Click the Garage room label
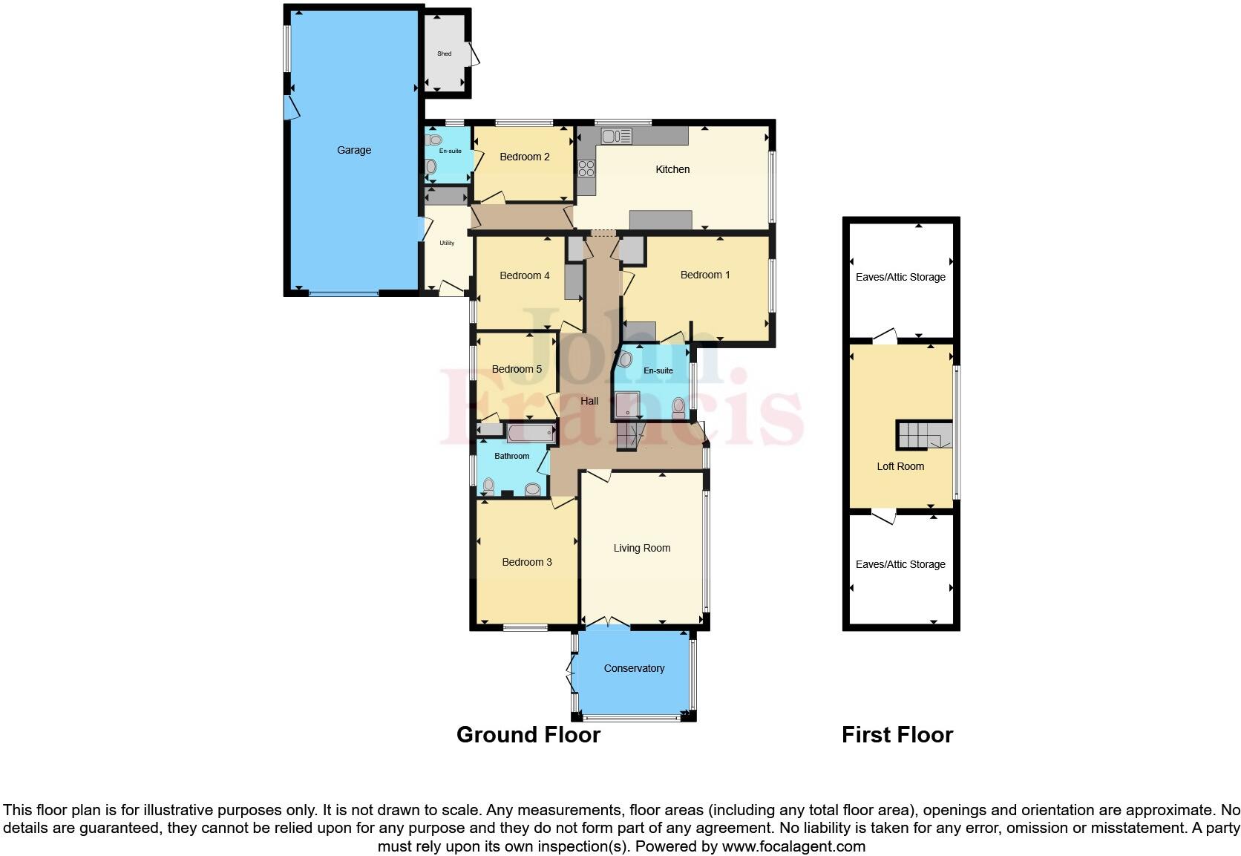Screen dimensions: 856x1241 pos(354,150)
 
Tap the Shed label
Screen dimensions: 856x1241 pos(444,53)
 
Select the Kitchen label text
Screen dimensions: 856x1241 pos(672,169)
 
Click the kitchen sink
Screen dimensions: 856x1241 pos(616,136)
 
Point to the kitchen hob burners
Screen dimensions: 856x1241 pos(586,169)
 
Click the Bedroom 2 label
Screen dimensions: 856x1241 pos(525,157)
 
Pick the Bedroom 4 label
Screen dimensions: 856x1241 pos(525,275)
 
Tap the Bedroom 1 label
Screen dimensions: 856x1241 pos(705,275)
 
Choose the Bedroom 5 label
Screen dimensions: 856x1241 pos(517,369)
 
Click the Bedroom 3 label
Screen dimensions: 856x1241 pos(527,562)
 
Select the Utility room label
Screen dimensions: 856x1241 pos(447,243)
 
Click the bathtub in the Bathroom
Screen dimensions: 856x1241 pos(531,432)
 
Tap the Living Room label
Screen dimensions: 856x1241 pos(642,548)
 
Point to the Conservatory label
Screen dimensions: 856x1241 pos(634,668)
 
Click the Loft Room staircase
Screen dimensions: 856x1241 pos(923,435)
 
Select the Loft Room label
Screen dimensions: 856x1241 pos(900,466)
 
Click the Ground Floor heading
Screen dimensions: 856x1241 pos(528,734)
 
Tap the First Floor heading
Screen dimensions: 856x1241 pos(897,734)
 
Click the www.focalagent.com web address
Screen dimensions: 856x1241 pos(793,846)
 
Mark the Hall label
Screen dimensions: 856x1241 pos(589,401)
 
